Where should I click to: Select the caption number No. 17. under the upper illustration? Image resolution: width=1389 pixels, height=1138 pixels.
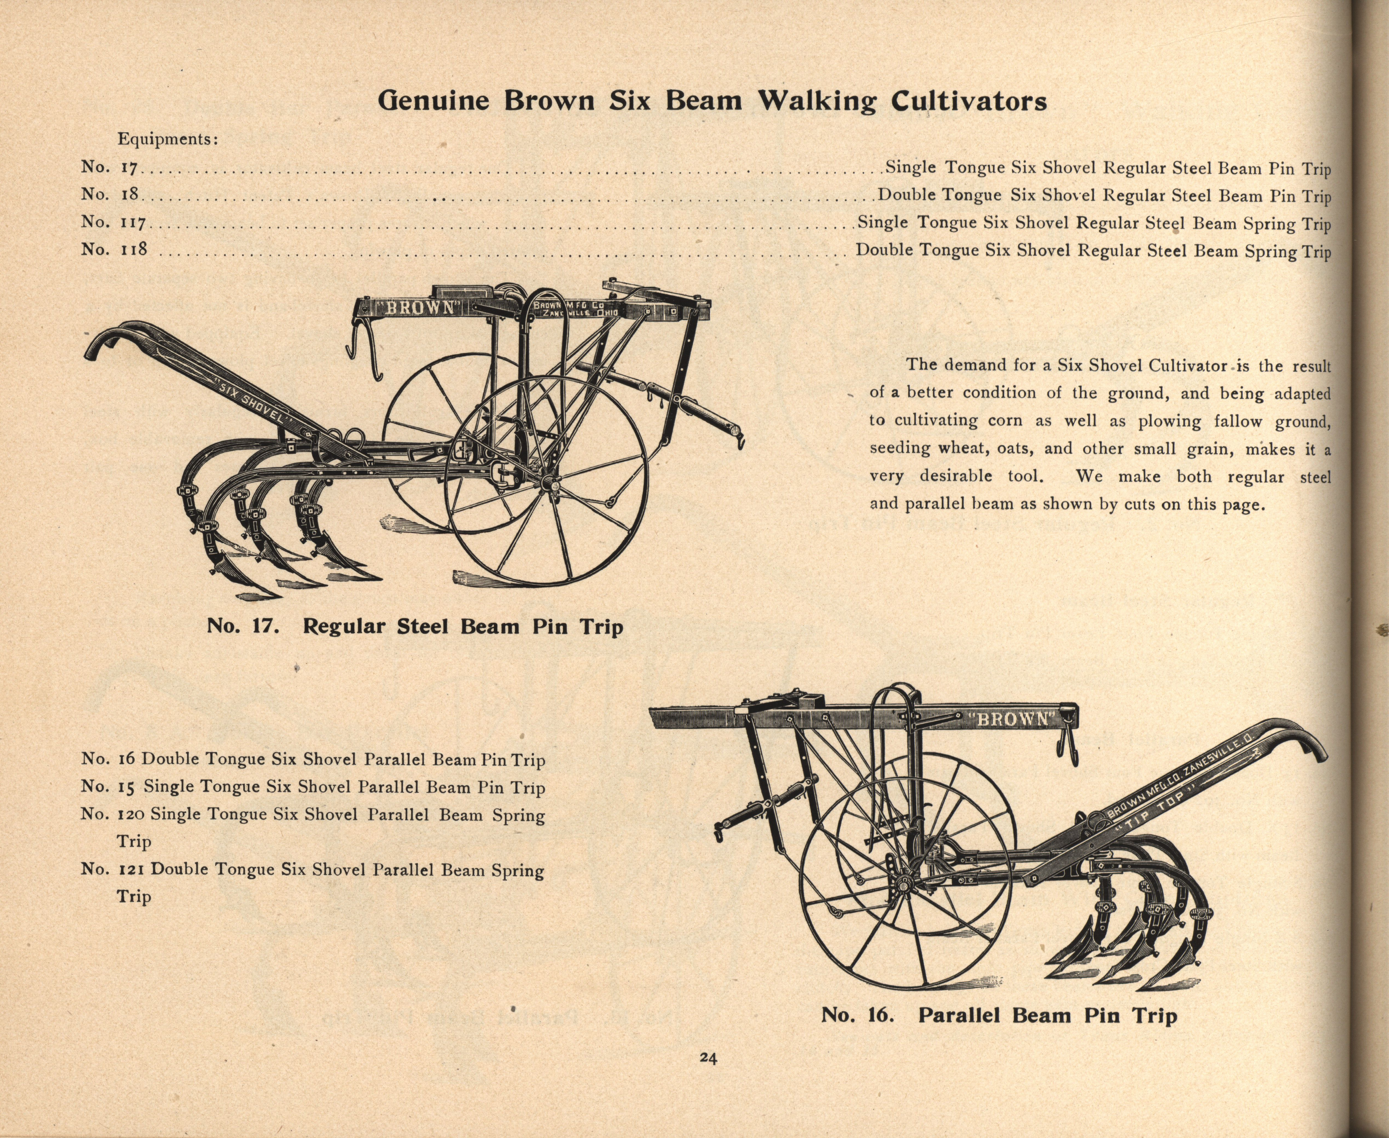pyautogui.click(x=244, y=627)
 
